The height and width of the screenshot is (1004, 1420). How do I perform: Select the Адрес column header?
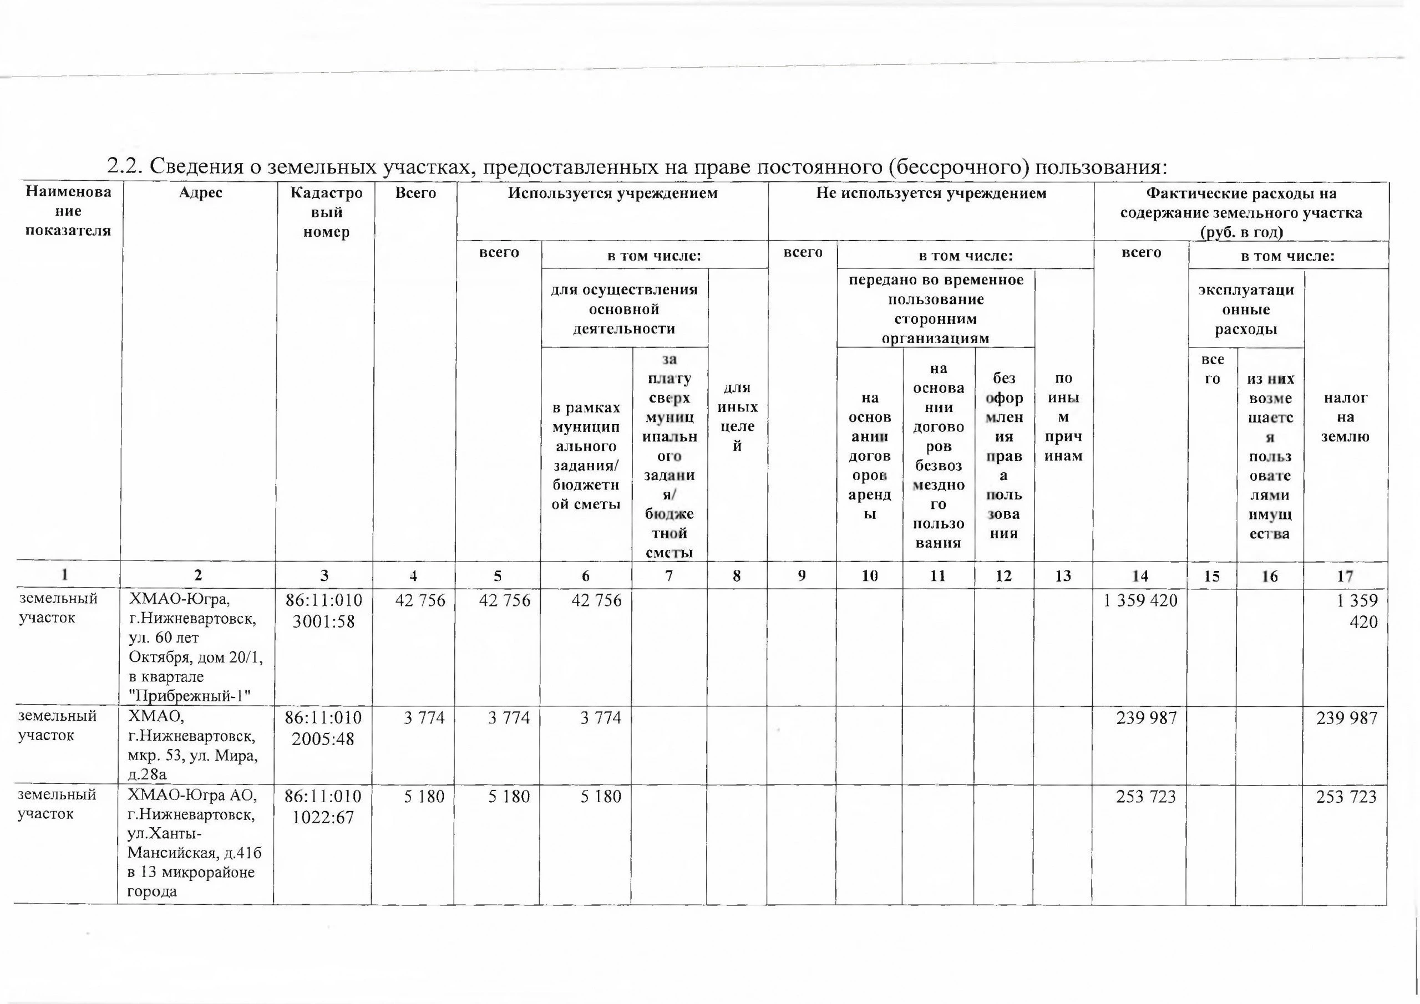[200, 193]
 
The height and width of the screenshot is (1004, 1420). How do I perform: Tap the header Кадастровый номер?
[326, 212]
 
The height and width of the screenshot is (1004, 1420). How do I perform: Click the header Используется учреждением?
[612, 193]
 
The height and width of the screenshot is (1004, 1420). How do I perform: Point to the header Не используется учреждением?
[931, 193]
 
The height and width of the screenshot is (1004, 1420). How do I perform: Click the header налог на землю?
[1345, 417]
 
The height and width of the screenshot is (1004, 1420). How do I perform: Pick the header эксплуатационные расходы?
[1246, 309]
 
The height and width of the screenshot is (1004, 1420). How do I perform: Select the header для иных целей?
[737, 417]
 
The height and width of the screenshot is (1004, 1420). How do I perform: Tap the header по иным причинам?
[1063, 417]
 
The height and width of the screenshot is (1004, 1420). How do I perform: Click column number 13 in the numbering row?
[1063, 576]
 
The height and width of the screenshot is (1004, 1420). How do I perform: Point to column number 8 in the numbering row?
[737, 576]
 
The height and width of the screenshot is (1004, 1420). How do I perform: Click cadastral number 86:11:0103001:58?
[323, 611]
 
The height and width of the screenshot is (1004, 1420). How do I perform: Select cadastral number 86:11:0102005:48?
[323, 728]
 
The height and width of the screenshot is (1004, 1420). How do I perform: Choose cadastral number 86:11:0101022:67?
[323, 806]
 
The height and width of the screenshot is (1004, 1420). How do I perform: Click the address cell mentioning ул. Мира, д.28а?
[193, 745]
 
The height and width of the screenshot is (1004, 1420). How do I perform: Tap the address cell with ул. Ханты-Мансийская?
[194, 843]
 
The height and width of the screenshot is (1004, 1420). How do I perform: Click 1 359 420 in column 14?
[1140, 600]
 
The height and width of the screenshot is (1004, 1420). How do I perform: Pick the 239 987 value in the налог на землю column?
[1346, 718]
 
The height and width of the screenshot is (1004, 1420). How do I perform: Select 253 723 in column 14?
[1145, 796]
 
